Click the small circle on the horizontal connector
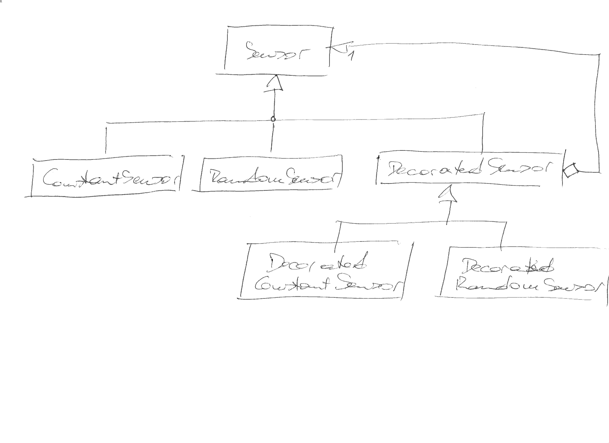(x=273, y=119)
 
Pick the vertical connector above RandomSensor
(x=272, y=137)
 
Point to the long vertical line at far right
(x=598, y=111)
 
